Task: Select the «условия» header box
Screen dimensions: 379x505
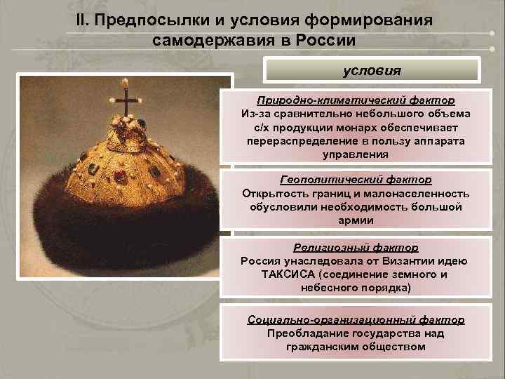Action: click(x=372, y=71)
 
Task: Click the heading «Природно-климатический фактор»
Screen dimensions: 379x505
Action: click(x=356, y=100)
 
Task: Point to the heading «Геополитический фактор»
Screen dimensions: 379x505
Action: click(x=356, y=180)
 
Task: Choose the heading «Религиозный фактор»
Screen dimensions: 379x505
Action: click(x=356, y=247)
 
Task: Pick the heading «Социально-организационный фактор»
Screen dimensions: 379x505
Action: click(x=356, y=319)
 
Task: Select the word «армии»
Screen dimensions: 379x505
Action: click(x=356, y=220)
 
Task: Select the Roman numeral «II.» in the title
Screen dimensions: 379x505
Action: click(x=83, y=19)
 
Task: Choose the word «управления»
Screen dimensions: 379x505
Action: click(x=356, y=154)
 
